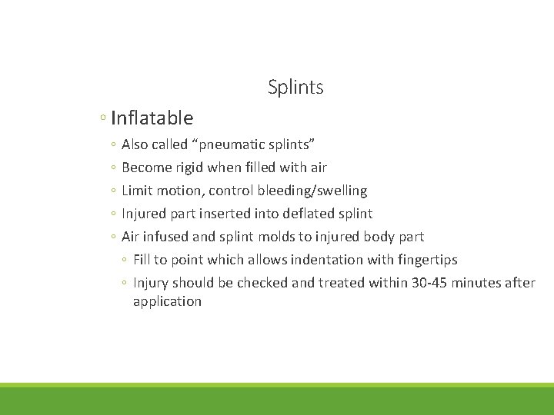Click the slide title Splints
coord(295,88)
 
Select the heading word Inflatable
coord(152,118)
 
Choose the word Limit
coord(136,191)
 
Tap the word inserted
coord(224,214)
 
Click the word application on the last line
coord(167,301)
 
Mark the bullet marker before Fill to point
coord(125,261)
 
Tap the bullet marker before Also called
coord(113,145)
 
